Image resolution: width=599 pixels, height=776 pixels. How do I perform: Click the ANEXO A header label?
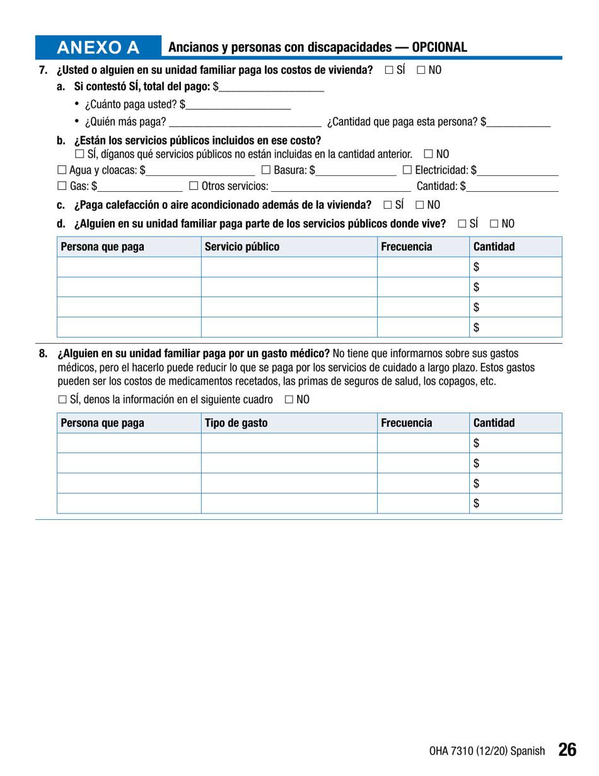pyautogui.click(x=98, y=48)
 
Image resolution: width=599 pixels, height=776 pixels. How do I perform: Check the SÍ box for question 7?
pyautogui.click(x=389, y=71)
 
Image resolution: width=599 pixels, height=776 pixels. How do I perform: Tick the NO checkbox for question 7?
pyautogui.click(x=421, y=71)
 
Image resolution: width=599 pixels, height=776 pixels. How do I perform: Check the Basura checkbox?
pyautogui.click(x=265, y=169)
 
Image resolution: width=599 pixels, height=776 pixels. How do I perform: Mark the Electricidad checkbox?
pyautogui.click(x=407, y=169)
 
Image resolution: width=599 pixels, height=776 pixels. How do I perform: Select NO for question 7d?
pyautogui.click(x=494, y=223)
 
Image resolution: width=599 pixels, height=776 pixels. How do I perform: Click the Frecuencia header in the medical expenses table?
pyautogui.click(x=407, y=423)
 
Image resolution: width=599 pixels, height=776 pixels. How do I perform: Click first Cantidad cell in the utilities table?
pyautogui.click(x=515, y=267)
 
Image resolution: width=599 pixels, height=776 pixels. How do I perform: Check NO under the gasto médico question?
pyautogui.click(x=289, y=399)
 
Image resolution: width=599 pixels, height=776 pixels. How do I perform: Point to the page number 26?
pyautogui.click(x=567, y=750)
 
